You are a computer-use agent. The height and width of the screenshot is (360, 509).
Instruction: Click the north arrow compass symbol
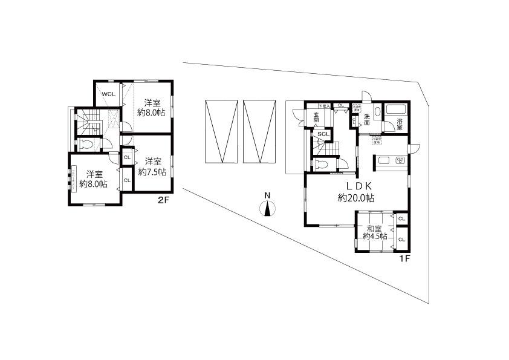click(x=266, y=208)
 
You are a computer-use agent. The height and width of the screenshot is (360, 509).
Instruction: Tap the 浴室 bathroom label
click(x=400, y=125)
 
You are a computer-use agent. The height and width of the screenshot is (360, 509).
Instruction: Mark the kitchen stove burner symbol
click(x=398, y=160)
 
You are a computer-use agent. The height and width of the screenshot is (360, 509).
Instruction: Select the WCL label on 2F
click(x=108, y=94)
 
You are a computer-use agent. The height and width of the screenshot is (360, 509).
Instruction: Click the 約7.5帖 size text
click(x=152, y=167)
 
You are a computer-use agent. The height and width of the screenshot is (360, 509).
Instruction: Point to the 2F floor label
click(x=163, y=200)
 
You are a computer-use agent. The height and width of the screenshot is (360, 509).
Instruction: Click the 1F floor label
click(x=404, y=258)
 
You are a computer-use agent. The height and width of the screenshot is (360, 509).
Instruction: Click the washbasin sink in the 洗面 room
click(x=377, y=111)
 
